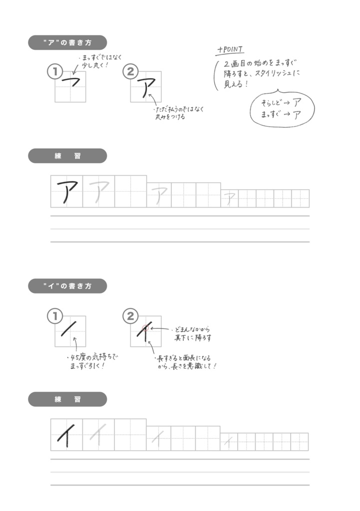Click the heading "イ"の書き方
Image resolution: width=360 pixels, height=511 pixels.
(67, 286)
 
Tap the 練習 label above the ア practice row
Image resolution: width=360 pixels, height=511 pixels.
(67, 156)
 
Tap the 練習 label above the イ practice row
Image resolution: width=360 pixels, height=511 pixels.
(67, 399)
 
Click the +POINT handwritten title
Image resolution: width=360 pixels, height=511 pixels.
(230, 50)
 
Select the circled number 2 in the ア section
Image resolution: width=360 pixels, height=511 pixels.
(130, 72)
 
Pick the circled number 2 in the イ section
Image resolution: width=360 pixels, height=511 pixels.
(130, 315)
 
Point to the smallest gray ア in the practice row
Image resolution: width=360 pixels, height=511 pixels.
(229, 199)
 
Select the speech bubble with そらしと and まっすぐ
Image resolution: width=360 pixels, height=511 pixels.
(283, 107)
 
